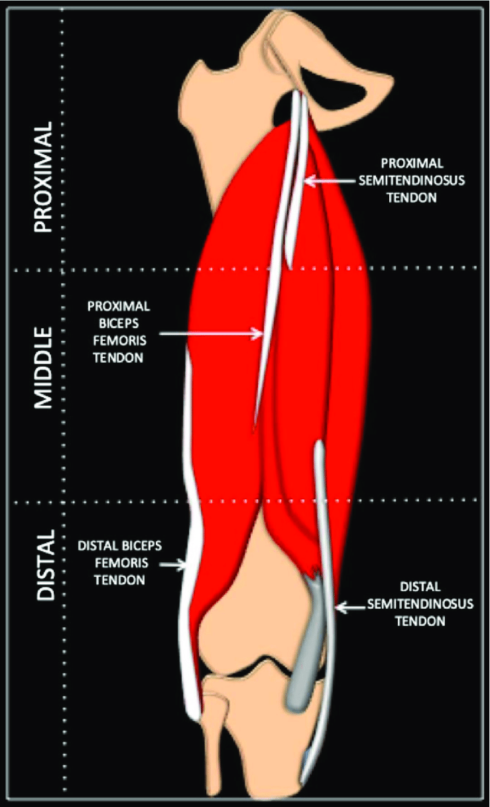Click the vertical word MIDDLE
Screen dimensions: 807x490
tap(42, 367)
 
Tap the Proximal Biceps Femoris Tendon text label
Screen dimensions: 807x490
tap(119, 332)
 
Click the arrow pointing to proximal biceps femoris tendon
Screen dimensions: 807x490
tap(212, 334)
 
